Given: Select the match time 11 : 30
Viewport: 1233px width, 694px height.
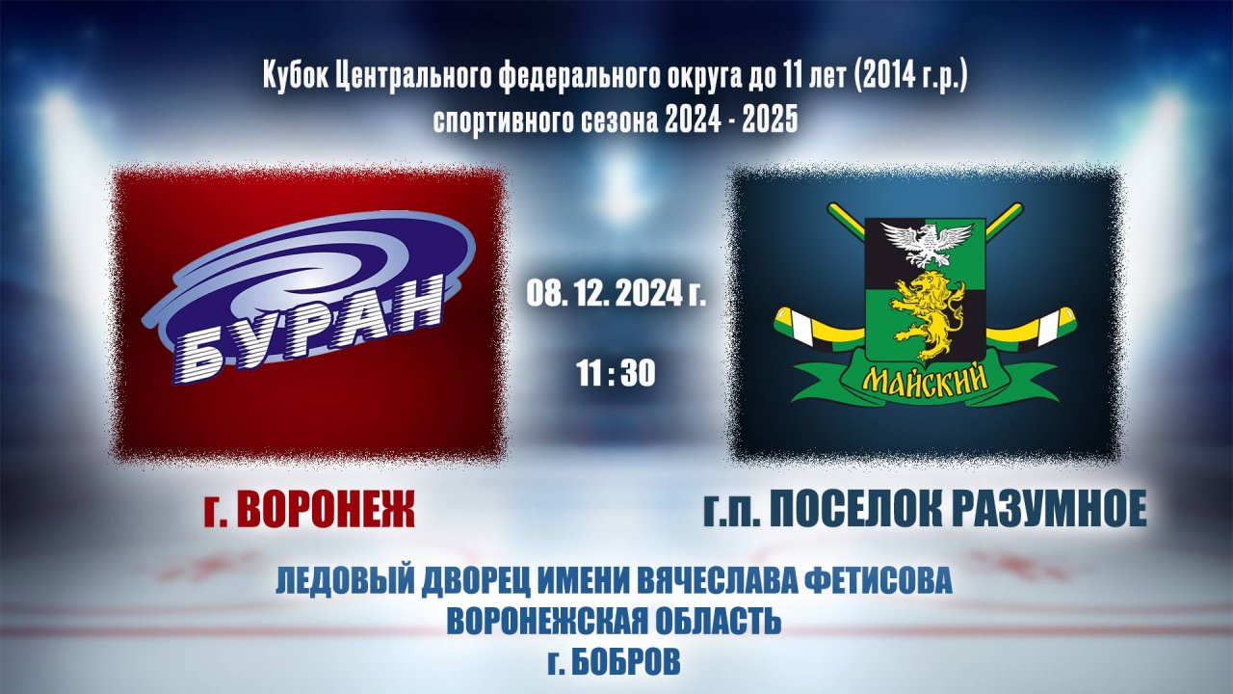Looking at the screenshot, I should pyautogui.click(x=616, y=372).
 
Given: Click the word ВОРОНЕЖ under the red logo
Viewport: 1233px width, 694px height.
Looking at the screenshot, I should pyautogui.click(x=326, y=510).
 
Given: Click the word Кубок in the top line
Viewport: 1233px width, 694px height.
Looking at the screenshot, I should pyautogui.click(x=296, y=77).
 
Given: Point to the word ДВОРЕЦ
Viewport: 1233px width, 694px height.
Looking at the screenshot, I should pyautogui.click(x=465, y=581).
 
